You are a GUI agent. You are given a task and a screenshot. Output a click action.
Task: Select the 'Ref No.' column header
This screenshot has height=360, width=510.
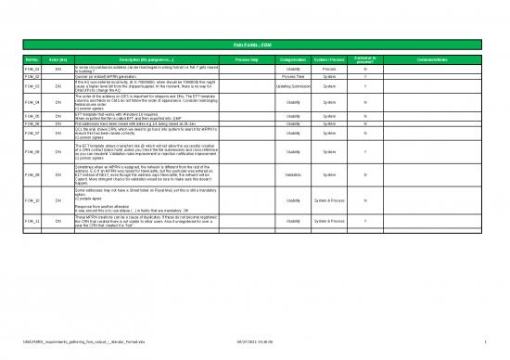click(31, 58)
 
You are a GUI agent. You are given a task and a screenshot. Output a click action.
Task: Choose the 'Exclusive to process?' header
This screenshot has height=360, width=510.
click(364, 58)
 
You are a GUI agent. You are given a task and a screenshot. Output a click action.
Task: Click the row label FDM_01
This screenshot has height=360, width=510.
click(31, 69)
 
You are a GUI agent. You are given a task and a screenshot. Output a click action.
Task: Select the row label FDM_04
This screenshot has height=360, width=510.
click(31, 102)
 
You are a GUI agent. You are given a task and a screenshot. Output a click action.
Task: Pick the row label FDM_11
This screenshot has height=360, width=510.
click(31, 222)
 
